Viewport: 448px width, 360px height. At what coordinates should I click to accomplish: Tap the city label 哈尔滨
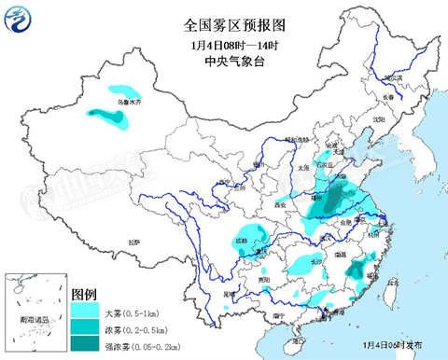391,77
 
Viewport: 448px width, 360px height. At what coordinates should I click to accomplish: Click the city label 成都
244,239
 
